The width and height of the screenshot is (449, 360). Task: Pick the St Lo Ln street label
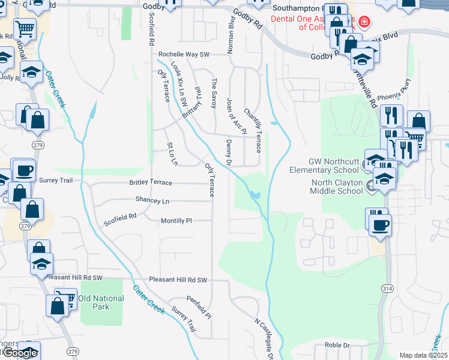point(172,154)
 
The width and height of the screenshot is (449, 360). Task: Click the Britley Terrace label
point(151,182)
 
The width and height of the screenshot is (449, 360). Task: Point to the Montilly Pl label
point(176,221)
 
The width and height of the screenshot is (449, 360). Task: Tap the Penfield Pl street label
point(199,307)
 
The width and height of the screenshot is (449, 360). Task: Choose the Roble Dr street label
point(337,346)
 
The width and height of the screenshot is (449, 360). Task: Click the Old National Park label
point(101,302)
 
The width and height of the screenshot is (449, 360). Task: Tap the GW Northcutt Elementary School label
point(334,166)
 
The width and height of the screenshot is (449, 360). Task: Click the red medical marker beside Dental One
point(365,23)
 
